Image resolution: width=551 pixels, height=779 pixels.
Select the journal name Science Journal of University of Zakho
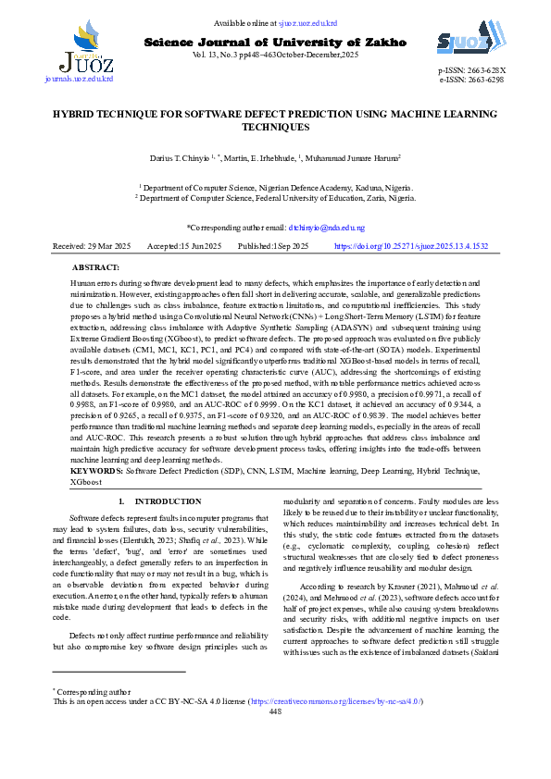click(275, 43)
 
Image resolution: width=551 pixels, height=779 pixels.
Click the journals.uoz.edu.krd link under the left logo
click(79, 80)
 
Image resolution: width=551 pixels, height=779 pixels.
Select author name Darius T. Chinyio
click(182, 159)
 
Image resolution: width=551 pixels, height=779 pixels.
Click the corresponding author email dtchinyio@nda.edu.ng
click(326, 227)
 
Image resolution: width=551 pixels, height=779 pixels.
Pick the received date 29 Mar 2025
click(106, 247)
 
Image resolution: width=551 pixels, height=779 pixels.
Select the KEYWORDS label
click(96, 471)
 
